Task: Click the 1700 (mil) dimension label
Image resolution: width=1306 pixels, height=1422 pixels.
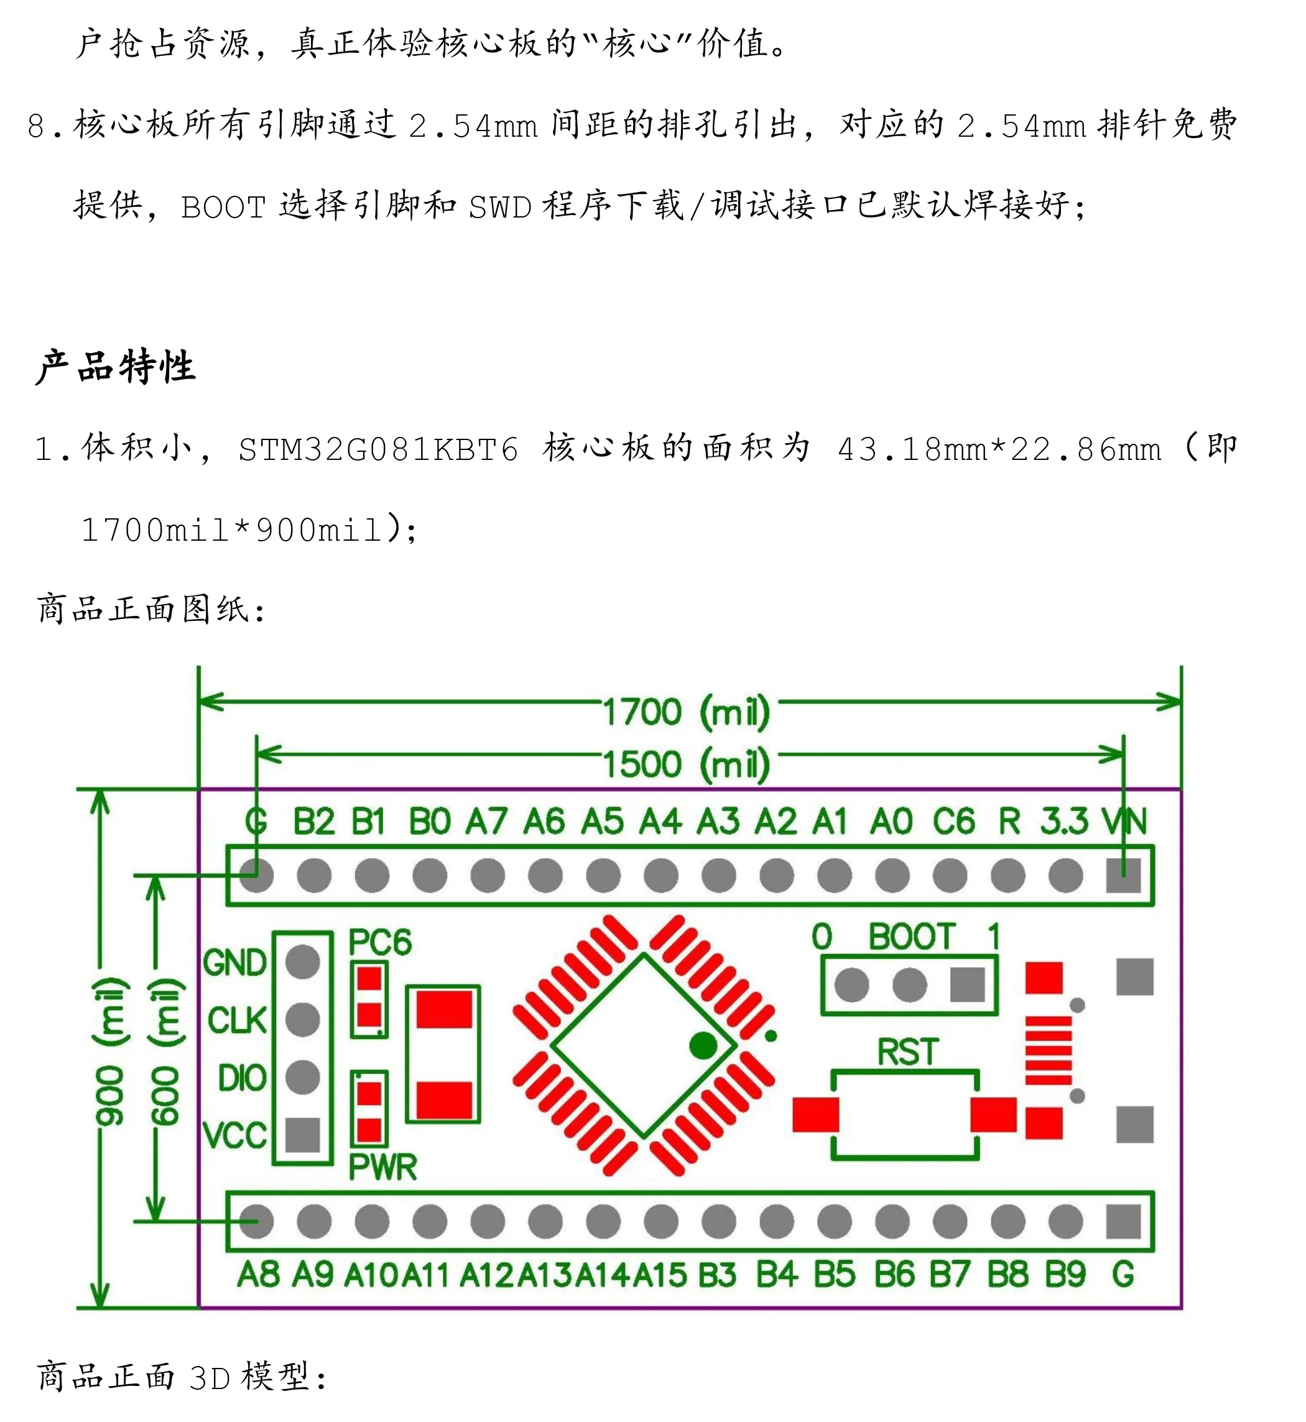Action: (686, 712)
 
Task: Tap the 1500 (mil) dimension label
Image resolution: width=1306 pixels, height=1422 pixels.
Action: (686, 764)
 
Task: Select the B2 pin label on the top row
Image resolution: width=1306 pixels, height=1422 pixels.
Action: (314, 822)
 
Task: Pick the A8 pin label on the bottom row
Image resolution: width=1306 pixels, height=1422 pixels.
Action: (258, 1275)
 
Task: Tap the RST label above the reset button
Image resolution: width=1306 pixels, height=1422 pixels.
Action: (907, 1052)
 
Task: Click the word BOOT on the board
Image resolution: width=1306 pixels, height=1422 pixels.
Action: (912, 937)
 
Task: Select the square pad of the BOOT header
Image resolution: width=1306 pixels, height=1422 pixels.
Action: (968, 984)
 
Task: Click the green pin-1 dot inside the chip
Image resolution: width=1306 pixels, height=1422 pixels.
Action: (703, 1045)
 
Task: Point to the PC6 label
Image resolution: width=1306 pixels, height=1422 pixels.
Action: (379, 942)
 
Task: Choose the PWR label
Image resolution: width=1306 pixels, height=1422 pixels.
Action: (382, 1167)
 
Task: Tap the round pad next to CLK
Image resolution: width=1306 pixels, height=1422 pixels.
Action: (303, 1019)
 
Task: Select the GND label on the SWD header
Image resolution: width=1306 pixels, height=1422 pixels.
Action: (234, 963)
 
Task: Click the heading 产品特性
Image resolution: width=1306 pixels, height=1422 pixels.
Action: (116, 367)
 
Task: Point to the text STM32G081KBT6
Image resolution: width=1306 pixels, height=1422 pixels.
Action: (378, 450)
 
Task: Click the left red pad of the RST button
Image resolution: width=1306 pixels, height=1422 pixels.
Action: (815, 1115)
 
